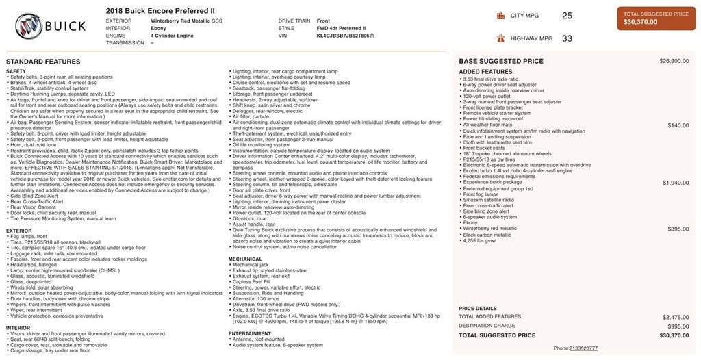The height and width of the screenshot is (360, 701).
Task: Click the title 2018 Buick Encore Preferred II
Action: click(160, 11)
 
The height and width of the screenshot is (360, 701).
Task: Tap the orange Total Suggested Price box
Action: click(656, 18)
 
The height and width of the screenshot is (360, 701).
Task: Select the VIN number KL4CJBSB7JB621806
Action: click(342, 36)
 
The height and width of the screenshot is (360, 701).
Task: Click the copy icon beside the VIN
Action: click(372, 36)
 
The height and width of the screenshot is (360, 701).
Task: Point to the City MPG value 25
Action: click(567, 15)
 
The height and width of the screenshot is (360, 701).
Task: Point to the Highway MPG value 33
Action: click(567, 38)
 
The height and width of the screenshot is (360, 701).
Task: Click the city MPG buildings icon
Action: click(501, 15)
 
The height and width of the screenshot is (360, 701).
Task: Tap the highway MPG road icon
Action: click(501, 38)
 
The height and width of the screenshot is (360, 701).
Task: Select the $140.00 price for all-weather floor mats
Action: click(678, 125)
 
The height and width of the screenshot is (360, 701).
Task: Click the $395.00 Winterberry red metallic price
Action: click(678, 229)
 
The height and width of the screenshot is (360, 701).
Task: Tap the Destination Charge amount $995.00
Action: click(678, 326)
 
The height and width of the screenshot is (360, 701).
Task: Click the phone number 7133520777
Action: click(583, 348)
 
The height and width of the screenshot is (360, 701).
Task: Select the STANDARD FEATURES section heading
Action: click(43, 61)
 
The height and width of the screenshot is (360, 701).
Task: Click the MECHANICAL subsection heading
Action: click(245, 259)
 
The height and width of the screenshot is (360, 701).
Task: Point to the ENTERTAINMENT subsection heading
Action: click(250, 334)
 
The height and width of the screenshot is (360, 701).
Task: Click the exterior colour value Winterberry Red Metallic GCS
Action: click(186, 21)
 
